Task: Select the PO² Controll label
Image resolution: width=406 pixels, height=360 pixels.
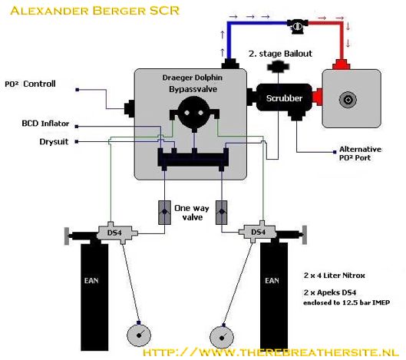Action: pos(31,84)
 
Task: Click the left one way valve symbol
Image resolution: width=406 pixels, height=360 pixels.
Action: pos(163,213)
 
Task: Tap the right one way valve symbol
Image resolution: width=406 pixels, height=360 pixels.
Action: pos(222,213)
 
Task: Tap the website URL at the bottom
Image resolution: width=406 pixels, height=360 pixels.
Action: pos(273,352)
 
